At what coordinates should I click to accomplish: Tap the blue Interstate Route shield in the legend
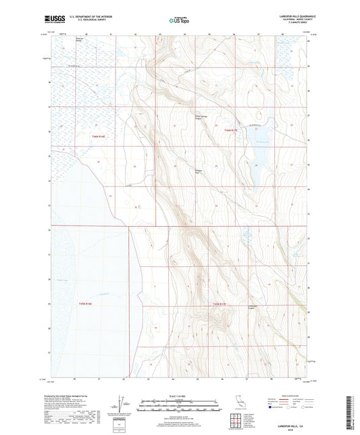coord(272,407)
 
